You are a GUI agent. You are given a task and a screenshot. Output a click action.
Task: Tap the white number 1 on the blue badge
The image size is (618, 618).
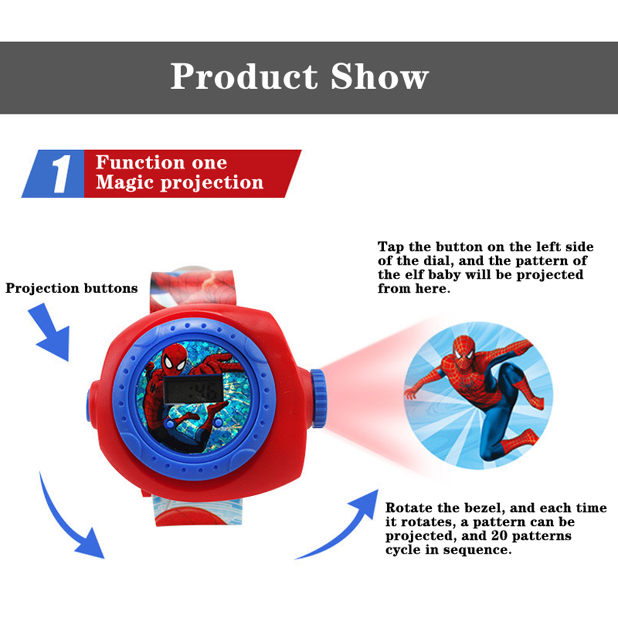(x=61, y=174)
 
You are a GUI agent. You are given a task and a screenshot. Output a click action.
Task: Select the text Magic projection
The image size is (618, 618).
(x=180, y=182)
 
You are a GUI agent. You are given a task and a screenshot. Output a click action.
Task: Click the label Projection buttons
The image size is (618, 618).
(x=72, y=288)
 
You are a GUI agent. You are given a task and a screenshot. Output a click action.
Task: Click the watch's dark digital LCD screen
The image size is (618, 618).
(x=193, y=389)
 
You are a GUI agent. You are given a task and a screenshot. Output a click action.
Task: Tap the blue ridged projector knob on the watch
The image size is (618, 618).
(x=318, y=398)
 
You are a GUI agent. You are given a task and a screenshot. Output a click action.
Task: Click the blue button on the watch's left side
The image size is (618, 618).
(x=89, y=401)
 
